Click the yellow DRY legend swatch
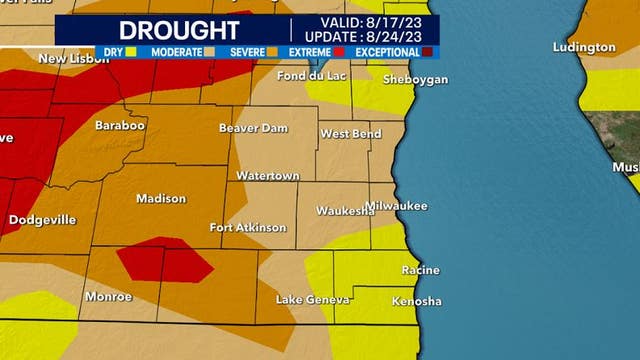point(131,50)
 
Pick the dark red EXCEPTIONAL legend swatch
point(428,50)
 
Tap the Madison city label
point(160,198)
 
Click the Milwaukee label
point(396,206)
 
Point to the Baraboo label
point(120,126)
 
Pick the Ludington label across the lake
point(586,47)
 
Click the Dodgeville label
point(45,219)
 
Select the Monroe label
point(108,296)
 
